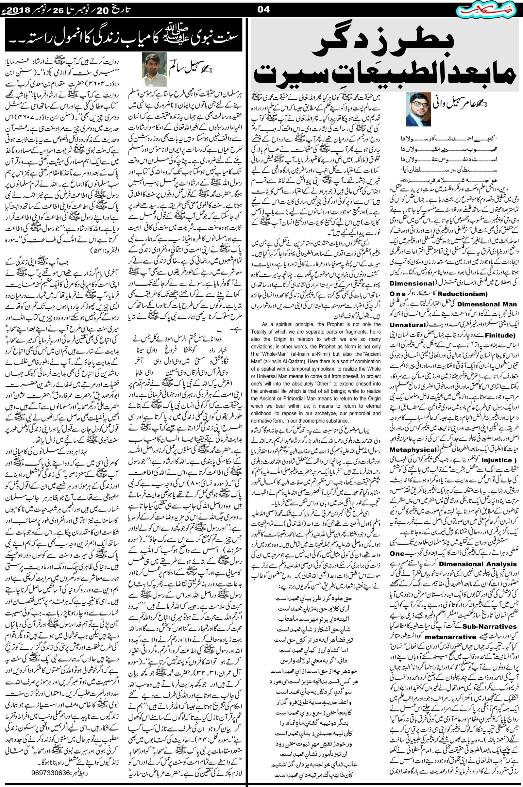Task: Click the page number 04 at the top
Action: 264,10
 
